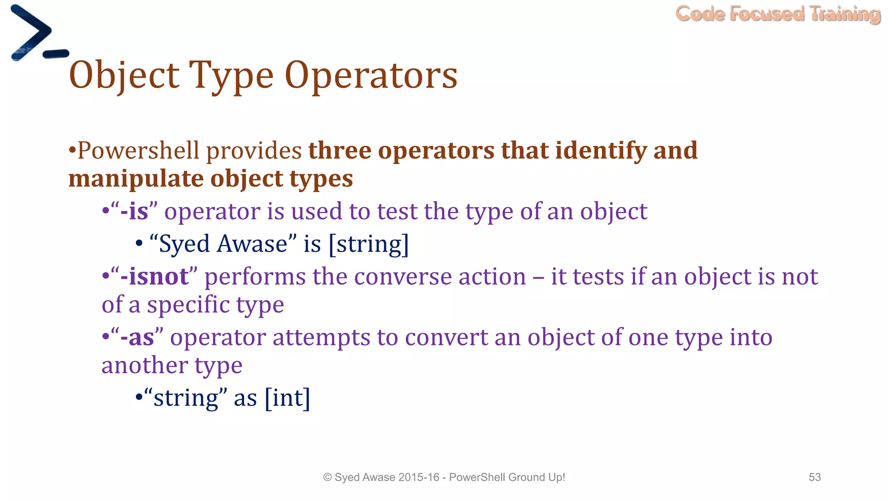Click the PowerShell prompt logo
[x=37, y=35]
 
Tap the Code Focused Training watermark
[x=778, y=14]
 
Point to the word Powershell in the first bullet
[x=138, y=151]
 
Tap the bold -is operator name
[x=134, y=212]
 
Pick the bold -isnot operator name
[x=155, y=276]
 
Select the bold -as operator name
[x=137, y=338]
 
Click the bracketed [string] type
[x=369, y=244]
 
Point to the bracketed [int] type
[x=287, y=398]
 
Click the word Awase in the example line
[x=253, y=244]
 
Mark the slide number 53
[x=814, y=477]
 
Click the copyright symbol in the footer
[x=327, y=477]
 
